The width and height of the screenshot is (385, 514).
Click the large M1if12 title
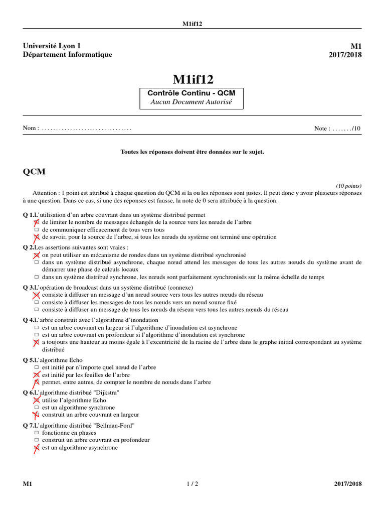192,79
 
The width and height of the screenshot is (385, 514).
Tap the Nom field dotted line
87,128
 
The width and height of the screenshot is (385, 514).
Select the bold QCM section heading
34,172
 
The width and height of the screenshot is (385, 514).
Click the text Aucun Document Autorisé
192,102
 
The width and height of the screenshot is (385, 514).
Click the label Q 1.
28,215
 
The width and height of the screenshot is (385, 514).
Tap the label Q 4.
28,320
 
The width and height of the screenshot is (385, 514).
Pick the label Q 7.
28,425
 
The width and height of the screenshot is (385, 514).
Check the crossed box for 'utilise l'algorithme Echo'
36,400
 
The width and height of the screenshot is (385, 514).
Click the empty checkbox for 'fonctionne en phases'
36,432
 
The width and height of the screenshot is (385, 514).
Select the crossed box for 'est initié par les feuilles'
36,374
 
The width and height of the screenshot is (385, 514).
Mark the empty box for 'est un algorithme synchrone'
36,408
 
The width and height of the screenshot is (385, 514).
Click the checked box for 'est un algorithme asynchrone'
36,448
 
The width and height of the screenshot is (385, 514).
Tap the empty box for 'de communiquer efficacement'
36,229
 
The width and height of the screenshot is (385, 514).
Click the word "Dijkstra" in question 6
106,392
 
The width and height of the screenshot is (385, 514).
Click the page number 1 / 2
192,484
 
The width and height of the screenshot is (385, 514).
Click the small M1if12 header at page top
192,24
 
